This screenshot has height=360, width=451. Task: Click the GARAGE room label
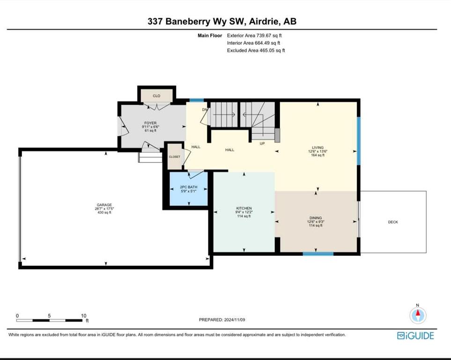click(104, 205)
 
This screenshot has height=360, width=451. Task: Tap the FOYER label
click(150, 123)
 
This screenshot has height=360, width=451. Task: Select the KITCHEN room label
click(244, 208)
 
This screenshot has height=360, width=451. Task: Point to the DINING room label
click(316, 218)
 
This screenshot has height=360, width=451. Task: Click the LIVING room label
click(318, 148)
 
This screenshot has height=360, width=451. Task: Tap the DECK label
click(393, 222)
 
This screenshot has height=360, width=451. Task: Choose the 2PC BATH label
click(189, 187)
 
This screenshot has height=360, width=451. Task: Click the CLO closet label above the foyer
click(156, 96)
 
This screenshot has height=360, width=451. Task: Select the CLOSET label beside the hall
click(175, 157)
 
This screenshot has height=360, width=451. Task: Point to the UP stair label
click(262, 143)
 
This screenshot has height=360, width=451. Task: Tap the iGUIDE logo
click(415, 336)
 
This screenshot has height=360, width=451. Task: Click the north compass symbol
click(418, 315)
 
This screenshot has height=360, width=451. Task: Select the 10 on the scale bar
click(83, 315)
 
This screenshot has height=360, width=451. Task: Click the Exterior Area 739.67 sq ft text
click(254, 36)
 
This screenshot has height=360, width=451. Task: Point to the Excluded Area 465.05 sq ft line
click(256, 51)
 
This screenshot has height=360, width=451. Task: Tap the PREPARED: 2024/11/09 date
click(222, 320)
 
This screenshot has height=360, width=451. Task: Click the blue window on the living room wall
click(359, 141)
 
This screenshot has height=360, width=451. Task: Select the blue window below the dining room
click(318, 254)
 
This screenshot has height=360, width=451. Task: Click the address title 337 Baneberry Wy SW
click(196, 21)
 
